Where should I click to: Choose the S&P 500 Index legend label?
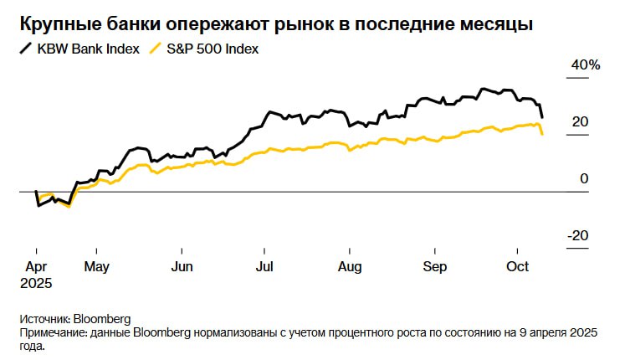[213, 49]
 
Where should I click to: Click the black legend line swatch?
[27, 49]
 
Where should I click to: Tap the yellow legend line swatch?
[155, 49]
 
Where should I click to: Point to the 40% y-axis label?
[586, 65]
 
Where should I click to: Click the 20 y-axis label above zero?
[580, 122]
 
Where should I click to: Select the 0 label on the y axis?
[584, 179]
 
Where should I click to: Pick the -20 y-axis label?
[578, 236]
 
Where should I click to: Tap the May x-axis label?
[98, 267]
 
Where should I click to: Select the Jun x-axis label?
[182, 267]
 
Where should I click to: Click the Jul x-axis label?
[264, 267]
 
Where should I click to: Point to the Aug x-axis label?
[349, 267]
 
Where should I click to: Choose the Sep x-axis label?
[435, 267]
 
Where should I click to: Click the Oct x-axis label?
[519, 267]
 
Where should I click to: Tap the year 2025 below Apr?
[37, 283]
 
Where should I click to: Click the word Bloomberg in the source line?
[102, 319]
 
